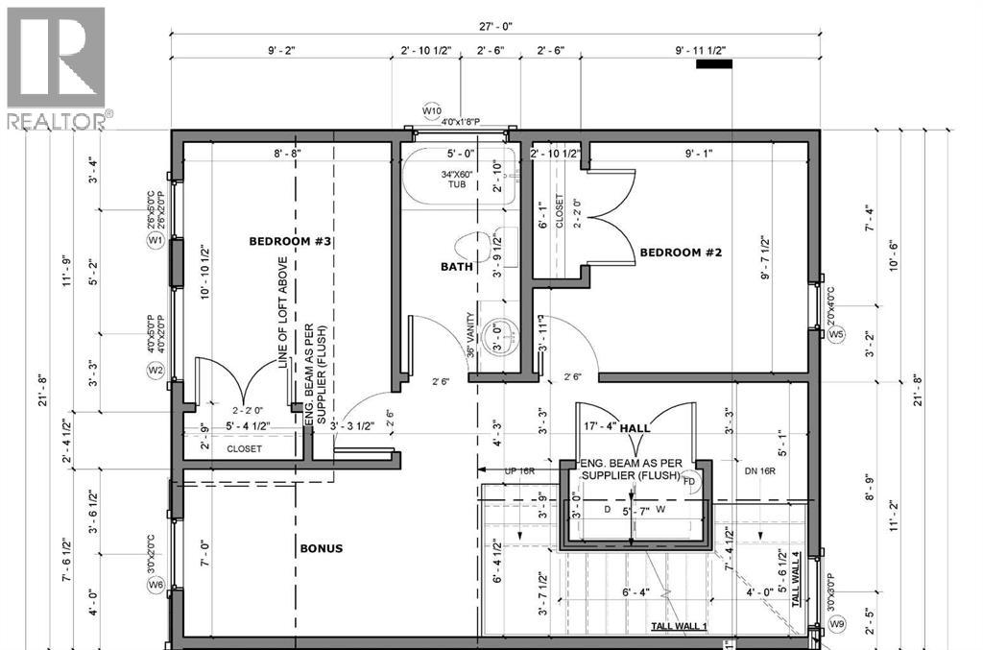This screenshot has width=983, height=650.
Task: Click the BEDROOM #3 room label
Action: click(290, 241)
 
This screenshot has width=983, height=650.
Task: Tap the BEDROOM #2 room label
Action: click(681, 253)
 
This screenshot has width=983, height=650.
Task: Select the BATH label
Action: click(456, 267)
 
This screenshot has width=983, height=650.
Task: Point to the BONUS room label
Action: click(320, 548)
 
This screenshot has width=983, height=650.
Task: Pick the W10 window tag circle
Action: click(431, 111)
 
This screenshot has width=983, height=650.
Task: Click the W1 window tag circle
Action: click(154, 241)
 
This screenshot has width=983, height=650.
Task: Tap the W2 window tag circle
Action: click(154, 370)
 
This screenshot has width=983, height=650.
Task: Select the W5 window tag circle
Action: click(836, 334)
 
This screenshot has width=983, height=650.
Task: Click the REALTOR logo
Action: click(58, 67)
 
